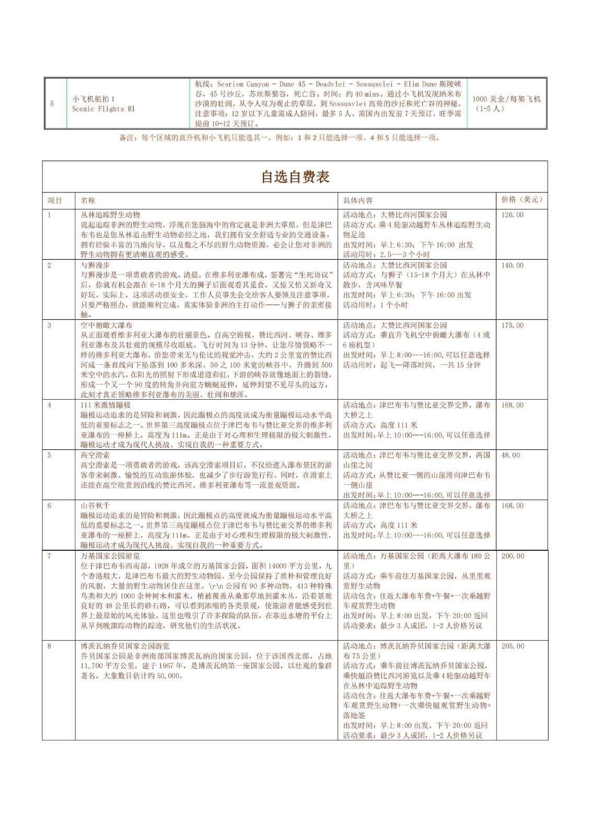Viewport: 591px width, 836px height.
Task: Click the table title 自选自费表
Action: click(x=295, y=177)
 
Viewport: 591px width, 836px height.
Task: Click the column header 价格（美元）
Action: click(x=522, y=200)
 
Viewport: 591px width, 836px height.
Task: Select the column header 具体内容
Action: click(x=358, y=200)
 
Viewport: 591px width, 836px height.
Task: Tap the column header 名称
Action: click(x=88, y=200)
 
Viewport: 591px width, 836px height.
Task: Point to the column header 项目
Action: click(x=55, y=200)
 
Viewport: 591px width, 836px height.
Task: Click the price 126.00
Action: click(x=512, y=215)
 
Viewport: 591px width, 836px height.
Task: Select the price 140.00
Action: click(x=512, y=265)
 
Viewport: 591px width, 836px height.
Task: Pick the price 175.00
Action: click(x=512, y=326)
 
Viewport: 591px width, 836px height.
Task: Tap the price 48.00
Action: click(x=510, y=455)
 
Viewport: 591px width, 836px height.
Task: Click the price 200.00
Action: click(x=512, y=556)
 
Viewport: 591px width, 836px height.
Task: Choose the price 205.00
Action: click(x=512, y=646)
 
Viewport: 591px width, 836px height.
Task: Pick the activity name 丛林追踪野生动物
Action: click(x=110, y=215)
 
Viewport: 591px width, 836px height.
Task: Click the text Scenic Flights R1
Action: click(x=103, y=109)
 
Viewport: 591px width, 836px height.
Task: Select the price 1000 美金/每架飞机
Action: click(x=506, y=99)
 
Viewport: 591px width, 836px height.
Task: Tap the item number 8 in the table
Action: click(x=50, y=646)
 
